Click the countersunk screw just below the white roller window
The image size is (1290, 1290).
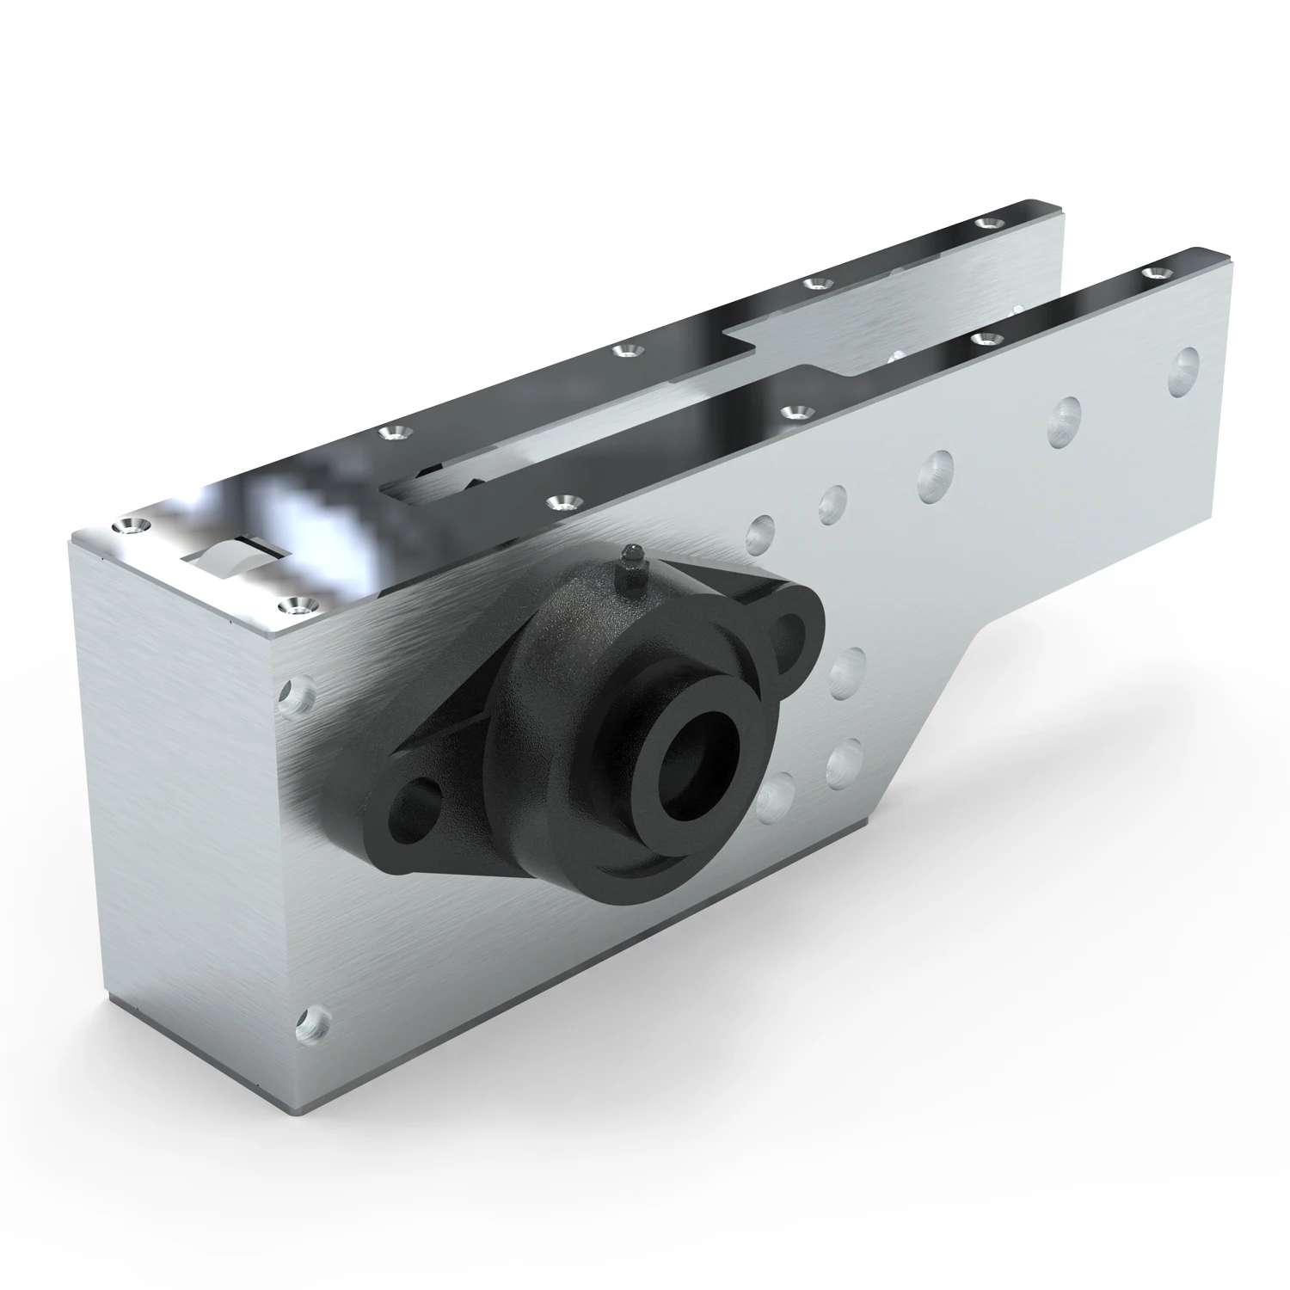coord(298,605)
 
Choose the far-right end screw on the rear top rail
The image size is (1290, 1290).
coord(986,224)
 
